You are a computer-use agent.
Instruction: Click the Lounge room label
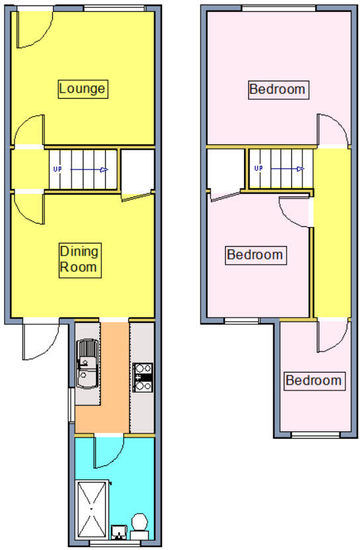click(x=83, y=89)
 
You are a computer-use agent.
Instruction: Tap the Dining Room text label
click(x=79, y=259)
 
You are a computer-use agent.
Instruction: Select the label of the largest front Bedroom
click(x=278, y=89)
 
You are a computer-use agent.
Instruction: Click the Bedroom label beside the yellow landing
click(x=255, y=255)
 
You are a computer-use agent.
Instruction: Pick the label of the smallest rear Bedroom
click(x=314, y=381)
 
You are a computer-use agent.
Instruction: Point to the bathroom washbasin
click(x=118, y=531)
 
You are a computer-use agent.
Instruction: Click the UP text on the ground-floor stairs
click(x=58, y=169)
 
